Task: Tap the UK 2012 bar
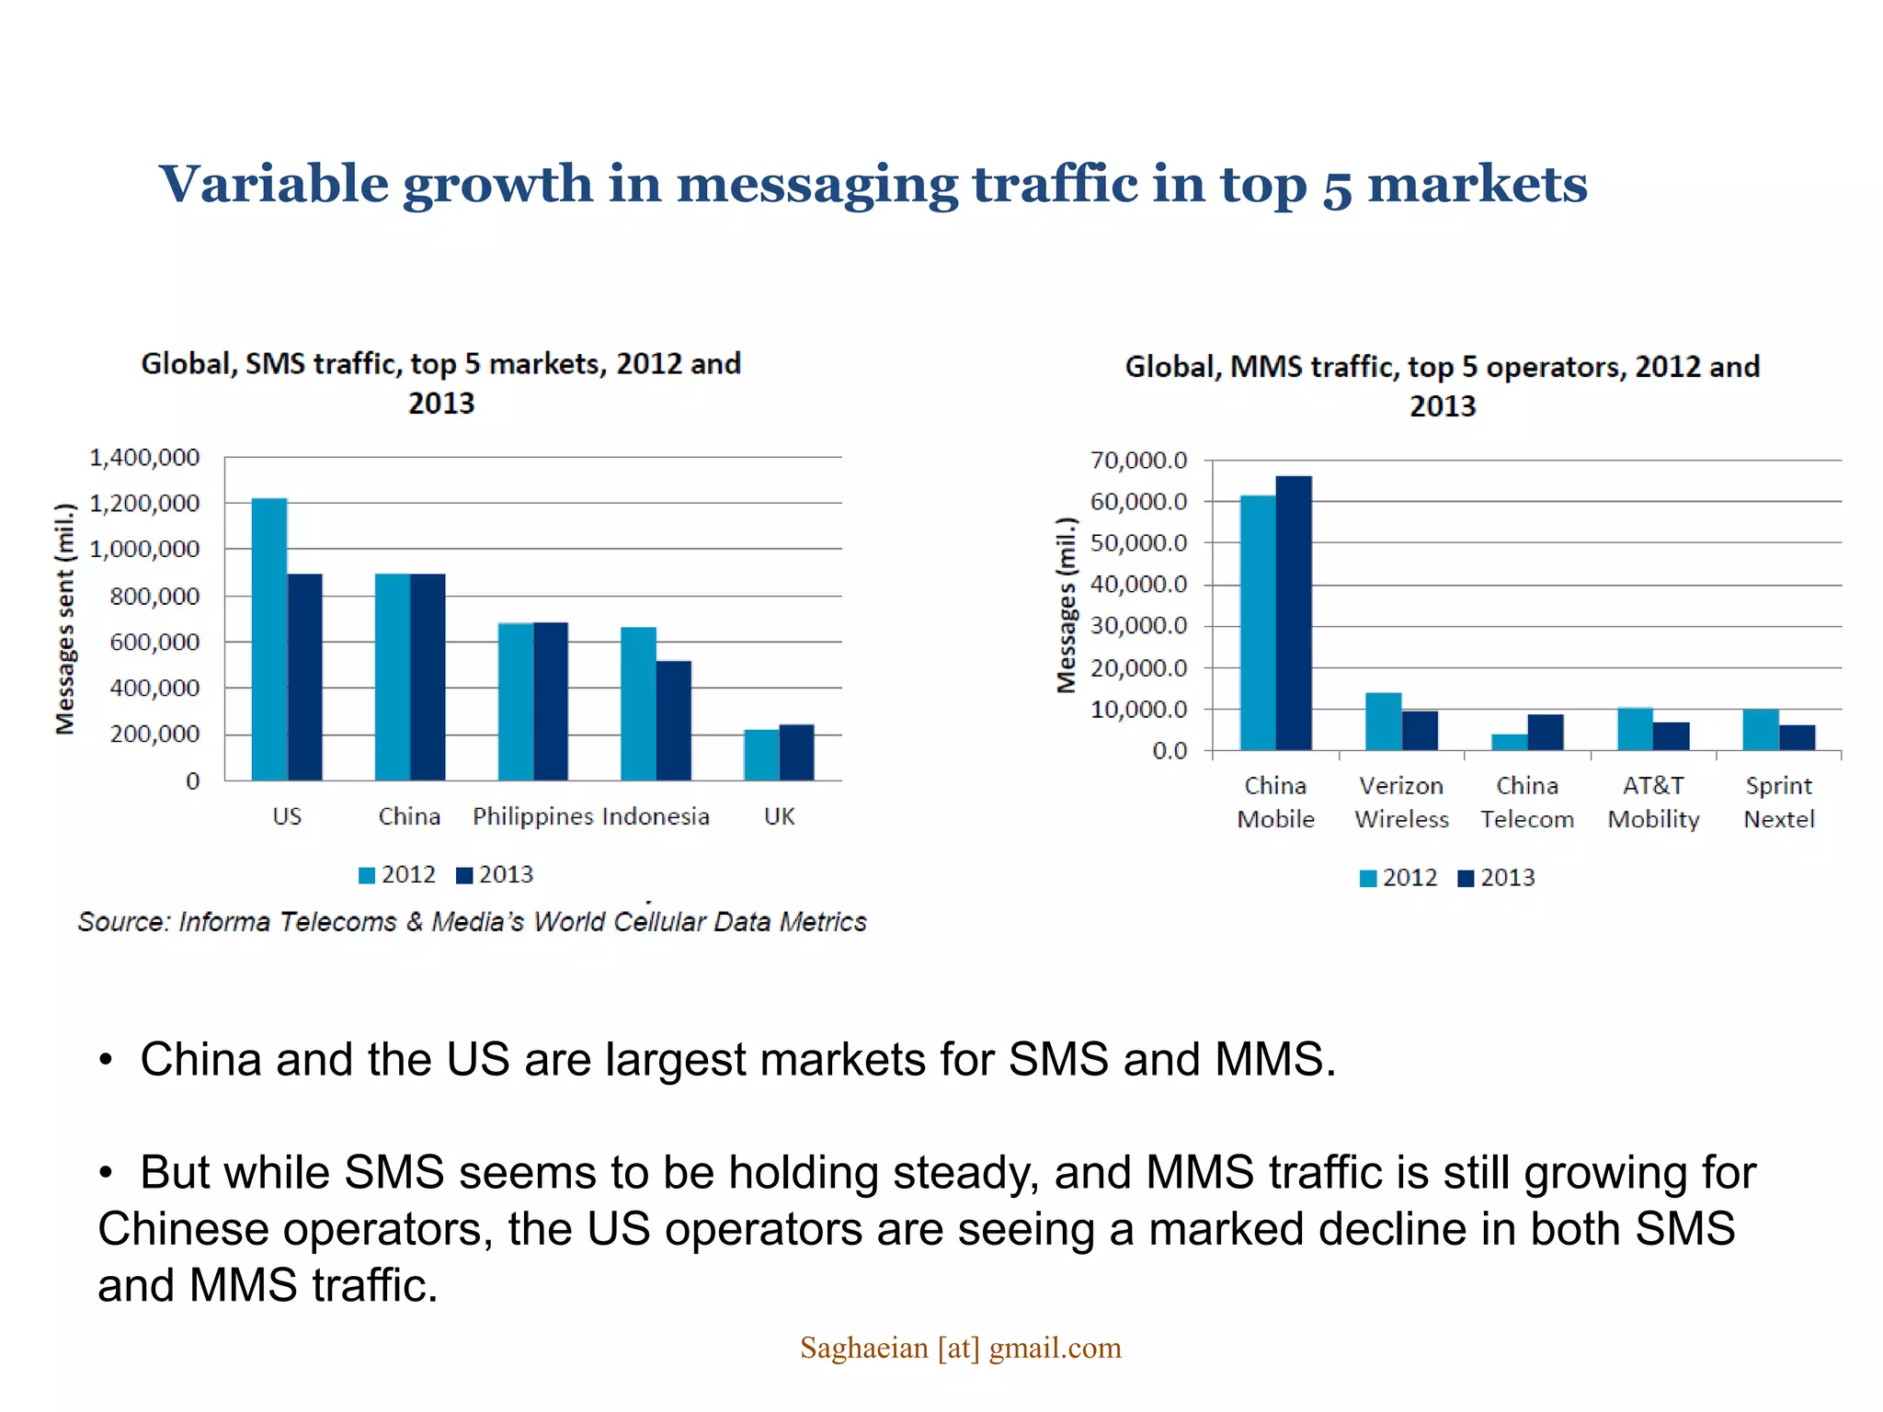761,755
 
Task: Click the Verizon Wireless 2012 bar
1383,722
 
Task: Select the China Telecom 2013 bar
1545,732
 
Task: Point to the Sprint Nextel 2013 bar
1797,737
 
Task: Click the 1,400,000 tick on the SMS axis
144,457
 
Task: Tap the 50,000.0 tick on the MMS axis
1138,543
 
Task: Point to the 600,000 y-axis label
154,642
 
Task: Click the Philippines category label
532,816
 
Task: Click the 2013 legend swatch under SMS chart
464,875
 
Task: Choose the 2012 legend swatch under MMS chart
1367,879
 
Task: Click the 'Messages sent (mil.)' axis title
64,619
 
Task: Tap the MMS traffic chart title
1442,385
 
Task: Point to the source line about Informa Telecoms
472,921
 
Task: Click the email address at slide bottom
960,1348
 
